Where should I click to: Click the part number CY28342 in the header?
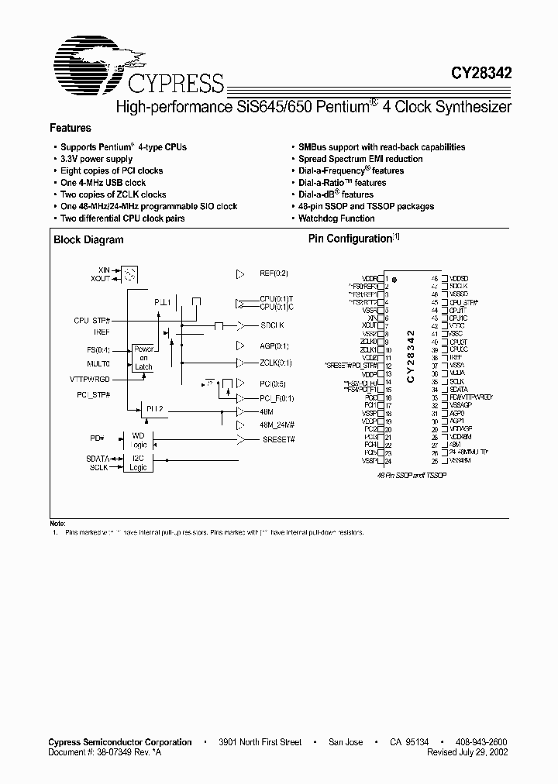coord(481,74)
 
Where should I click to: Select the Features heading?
coord(71,128)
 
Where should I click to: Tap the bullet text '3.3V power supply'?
coord(96,159)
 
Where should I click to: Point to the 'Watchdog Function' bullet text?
coord(336,218)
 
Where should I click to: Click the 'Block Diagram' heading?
coord(88,240)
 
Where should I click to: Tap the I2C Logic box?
coord(139,462)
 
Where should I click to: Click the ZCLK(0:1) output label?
coord(276,362)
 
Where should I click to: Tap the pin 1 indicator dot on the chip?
coord(394,279)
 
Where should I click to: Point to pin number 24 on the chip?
coord(387,461)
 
